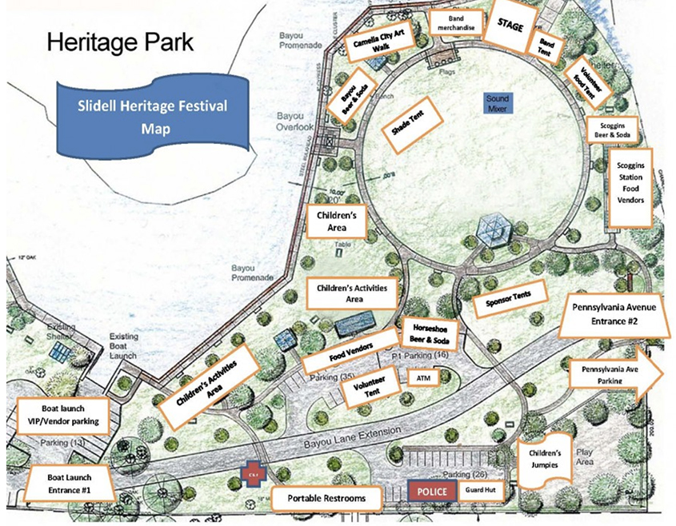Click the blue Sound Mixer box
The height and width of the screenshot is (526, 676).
[497, 102]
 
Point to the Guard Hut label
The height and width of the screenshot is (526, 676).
[480, 490]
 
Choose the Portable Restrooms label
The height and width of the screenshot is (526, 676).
[328, 498]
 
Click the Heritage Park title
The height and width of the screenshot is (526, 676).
[120, 42]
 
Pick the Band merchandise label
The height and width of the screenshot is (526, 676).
[457, 23]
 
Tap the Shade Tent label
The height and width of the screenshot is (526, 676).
[406, 124]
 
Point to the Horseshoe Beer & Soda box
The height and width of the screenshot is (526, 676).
[429, 334]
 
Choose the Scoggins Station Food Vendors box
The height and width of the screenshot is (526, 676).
[630, 185]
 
